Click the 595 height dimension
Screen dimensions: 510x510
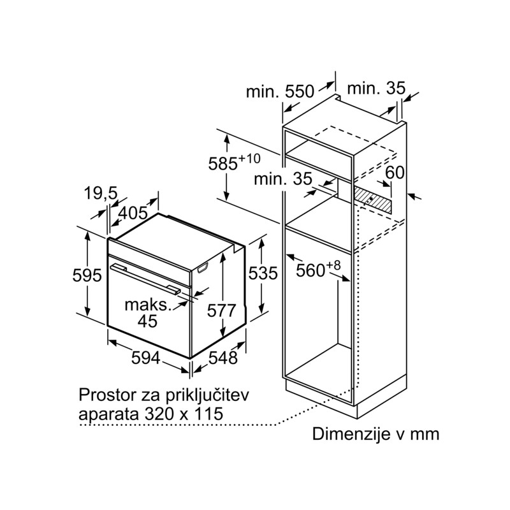(87, 275)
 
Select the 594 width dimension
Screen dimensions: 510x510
(146, 358)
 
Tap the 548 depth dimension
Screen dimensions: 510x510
(223, 358)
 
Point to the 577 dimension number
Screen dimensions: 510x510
(221, 310)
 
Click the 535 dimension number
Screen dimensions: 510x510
(263, 273)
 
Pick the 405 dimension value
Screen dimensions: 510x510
(133, 213)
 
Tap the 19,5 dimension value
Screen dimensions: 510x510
(101, 194)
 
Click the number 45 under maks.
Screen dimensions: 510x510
(147, 321)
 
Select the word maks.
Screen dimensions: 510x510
(148, 305)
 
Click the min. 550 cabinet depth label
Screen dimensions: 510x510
(280, 91)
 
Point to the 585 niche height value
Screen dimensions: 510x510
(223, 164)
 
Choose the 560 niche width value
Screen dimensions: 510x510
(310, 270)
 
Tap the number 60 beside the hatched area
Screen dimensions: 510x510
(395, 172)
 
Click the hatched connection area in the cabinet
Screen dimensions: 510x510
(372, 200)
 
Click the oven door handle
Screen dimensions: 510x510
(146, 279)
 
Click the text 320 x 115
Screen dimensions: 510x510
(184, 414)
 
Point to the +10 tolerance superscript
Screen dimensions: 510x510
(250, 158)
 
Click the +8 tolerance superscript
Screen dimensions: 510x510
(333, 265)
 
